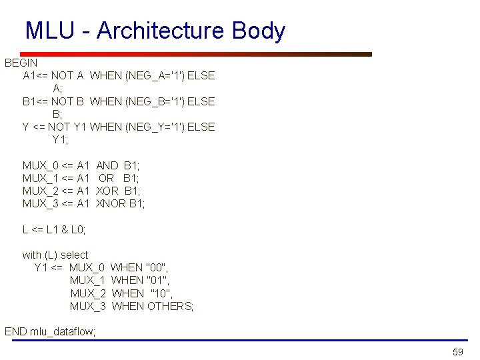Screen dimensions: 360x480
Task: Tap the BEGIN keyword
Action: pyautogui.click(x=22, y=63)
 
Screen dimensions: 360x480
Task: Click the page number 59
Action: pyautogui.click(x=457, y=351)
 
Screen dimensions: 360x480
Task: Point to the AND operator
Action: pyautogui.click(x=107, y=165)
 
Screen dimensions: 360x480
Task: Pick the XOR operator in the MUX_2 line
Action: pyautogui.click(x=107, y=191)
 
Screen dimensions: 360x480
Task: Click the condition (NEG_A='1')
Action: pyautogui.click(x=155, y=75)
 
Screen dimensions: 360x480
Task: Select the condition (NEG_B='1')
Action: pyautogui.click(x=155, y=101)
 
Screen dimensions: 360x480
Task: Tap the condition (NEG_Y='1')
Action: pyautogui.click(x=155, y=127)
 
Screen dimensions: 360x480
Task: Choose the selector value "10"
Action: pyautogui.click(x=162, y=293)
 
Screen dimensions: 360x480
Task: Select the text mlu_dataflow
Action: pyautogui.click(x=63, y=331)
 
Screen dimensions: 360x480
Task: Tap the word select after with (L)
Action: pyautogui.click(x=74, y=255)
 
